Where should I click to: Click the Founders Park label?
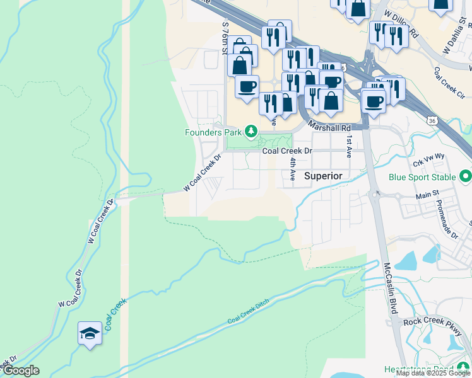pyautogui.click(x=214, y=132)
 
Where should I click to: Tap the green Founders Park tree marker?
pyautogui.click(x=251, y=131)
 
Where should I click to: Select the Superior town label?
pyautogui.click(x=323, y=176)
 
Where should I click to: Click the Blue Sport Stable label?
pyautogui.click(x=422, y=177)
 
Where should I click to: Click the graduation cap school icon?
pyautogui.click(x=90, y=333)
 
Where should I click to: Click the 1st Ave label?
pyautogui.click(x=348, y=145)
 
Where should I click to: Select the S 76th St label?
pyautogui.click(x=225, y=37)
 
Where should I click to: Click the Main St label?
pyautogui.click(x=427, y=196)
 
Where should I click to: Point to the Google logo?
pyautogui.click(x=20, y=370)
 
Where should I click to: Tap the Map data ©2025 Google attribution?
pyautogui.click(x=433, y=373)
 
